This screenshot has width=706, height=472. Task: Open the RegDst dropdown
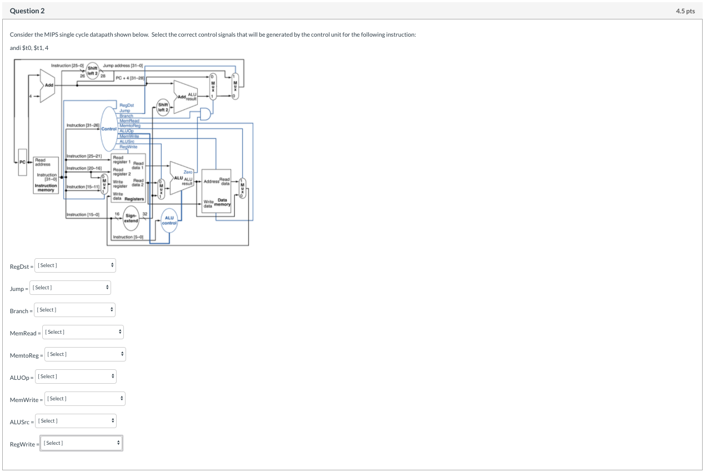click(x=75, y=265)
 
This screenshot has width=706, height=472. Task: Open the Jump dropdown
click(x=71, y=288)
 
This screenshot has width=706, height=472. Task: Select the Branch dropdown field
click(x=75, y=310)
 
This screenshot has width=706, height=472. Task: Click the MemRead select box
click(x=83, y=332)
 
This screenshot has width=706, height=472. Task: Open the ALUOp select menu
click(x=76, y=376)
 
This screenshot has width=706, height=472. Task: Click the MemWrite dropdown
click(x=84, y=399)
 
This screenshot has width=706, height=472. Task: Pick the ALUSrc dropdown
click(x=76, y=421)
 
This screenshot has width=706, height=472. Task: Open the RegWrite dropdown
click(x=81, y=443)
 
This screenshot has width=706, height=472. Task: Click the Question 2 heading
click(x=27, y=11)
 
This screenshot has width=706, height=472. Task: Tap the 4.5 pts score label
click(x=685, y=11)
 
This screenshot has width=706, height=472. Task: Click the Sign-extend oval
click(x=131, y=218)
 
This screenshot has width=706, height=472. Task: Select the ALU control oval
click(x=169, y=220)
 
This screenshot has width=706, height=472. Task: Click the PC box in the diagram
click(x=22, y=162)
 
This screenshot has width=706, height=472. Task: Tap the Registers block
click(x=128, y=178)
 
